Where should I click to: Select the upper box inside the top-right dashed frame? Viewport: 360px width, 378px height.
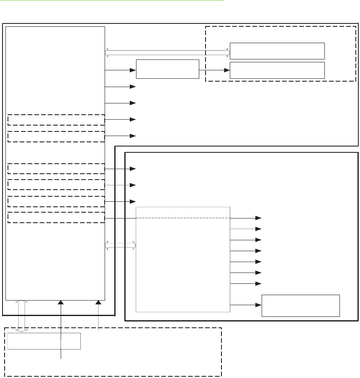[278, 51]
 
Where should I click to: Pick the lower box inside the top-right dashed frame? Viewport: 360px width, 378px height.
[278, 70]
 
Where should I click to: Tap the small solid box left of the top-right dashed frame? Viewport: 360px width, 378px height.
[167, 69]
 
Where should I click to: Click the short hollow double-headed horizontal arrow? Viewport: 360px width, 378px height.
[121, 245]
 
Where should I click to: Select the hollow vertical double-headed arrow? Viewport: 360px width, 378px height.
[23, 316]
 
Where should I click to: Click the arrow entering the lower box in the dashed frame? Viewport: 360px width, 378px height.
[214, 70]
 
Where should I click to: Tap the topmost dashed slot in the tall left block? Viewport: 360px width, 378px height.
[56, 120]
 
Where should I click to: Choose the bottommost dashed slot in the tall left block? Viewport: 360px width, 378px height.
[56, 218]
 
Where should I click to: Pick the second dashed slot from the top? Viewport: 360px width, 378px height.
[56, 136]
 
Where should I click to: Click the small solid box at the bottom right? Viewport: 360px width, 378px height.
[301, 306]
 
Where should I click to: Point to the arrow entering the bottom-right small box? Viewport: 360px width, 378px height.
[246, 305]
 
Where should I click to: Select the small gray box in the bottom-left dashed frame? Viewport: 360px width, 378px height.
[44, 341]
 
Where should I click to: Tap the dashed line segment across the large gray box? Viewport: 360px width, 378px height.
[183, 218]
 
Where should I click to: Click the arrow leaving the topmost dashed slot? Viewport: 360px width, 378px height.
[121, 120]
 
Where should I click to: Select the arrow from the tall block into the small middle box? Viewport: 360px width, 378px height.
[121, 70]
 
